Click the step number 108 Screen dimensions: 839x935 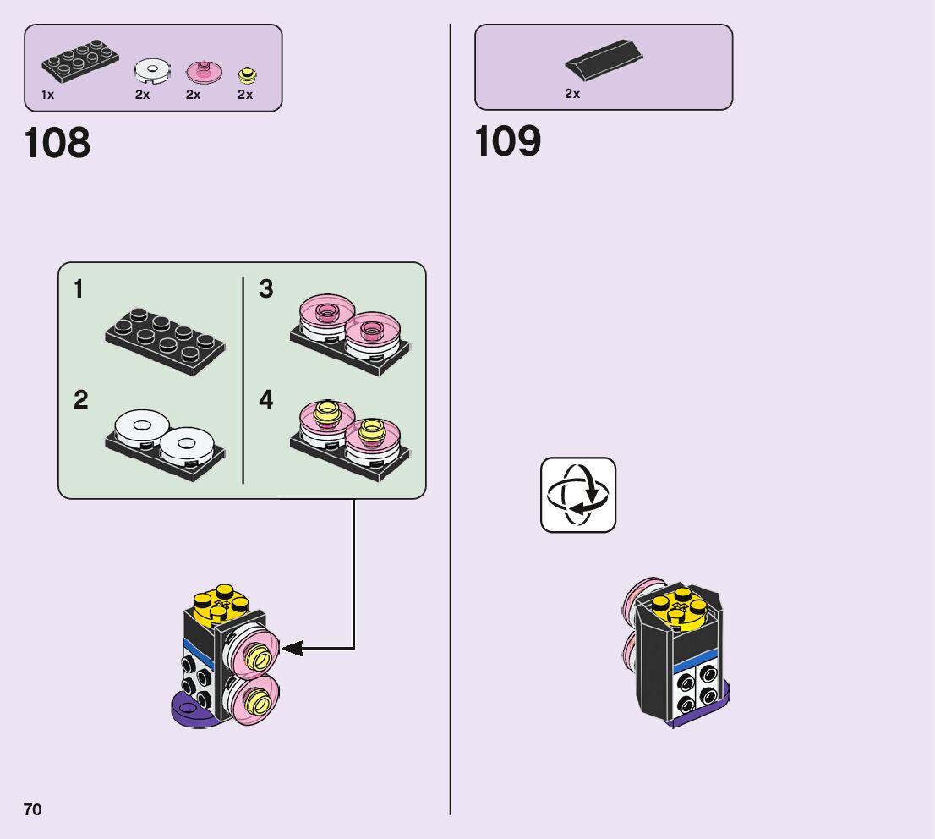pyautogui.click(x=57, y=143)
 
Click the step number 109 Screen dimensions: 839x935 pyautogui.click(x=508, y=141)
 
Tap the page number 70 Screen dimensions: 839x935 pyautogui.click(x=32, y=809)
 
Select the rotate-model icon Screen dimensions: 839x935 pyautogui.click(x=578, y=495)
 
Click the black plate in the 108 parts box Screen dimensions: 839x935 pyautogui.click(x=80, y=62)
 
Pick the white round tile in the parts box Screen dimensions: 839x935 pyautogui.click(x=152, y=71)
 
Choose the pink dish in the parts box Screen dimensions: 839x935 pyautogui.click(x=203, y=70)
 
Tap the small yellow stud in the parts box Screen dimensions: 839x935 pyautogui.click(x=248, y=74)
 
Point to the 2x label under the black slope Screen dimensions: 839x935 pyautogui.click(x=572, y=94)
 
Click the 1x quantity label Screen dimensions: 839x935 pyautogui.click(x=47, y=95)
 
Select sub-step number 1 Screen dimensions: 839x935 pyautogui.click(x=79, y=289)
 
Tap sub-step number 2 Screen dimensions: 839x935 pyautogui.click(x=80, y=399)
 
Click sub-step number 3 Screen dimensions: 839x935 pyautogui.click(x=265, y=289)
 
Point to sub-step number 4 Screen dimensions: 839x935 pyautogui.click(x=265, y=399)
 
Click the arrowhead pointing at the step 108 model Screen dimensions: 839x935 pyautogui.click(x=292, y=649)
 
